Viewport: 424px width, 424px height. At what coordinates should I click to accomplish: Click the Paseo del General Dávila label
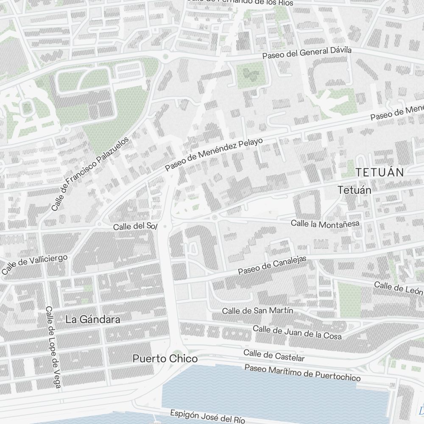click(x=307, y=53)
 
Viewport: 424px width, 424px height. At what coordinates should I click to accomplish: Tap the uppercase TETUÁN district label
click(x=379, y=172)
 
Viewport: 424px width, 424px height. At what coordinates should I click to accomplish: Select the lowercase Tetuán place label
click(x=354, y=190)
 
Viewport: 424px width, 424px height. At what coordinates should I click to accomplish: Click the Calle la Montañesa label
click(x=325, y=223)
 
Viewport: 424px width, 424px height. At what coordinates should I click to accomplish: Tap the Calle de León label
click(x=399, y=288)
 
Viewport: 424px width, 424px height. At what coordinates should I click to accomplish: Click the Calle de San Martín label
click(x=257, y=311)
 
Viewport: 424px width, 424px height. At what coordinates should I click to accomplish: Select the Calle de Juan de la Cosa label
click(x=297, y=332)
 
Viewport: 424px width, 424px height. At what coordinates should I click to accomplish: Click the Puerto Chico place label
click(x=165, y=359)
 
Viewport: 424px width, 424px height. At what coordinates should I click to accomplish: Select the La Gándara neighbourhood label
click(x=93, y=320)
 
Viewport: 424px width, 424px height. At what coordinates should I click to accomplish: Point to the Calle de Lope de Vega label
click(x=53, y=346)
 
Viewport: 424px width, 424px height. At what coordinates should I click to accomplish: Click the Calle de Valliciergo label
click(x=35, y=265)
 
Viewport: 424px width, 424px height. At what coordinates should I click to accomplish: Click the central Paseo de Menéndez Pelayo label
click(x=214, y=154)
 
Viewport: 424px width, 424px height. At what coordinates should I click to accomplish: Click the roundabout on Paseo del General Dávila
click(x=165, y=56)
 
